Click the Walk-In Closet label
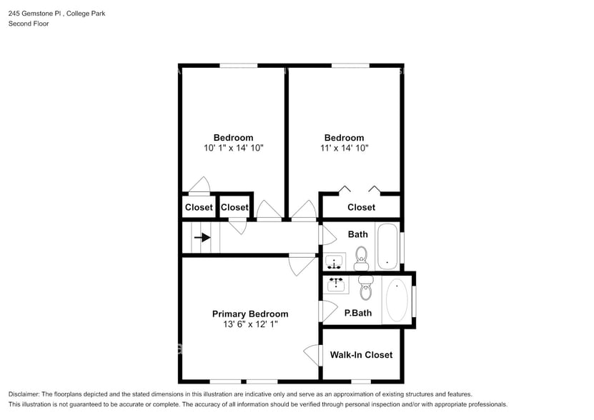(361, 354)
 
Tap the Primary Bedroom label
(250, 314)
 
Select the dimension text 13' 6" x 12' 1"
(250, 324)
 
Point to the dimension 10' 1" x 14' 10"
(233, 149)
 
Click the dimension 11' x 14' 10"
(344, 149)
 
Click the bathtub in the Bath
(387, 246)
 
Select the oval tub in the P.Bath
(397, 299)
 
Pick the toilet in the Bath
(362, 257)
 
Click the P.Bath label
(357, 313)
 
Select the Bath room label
(357, 234)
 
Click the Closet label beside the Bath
(361, 207)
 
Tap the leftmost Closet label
(199, 207)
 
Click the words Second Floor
(29, 24)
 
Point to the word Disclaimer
(26, 394)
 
